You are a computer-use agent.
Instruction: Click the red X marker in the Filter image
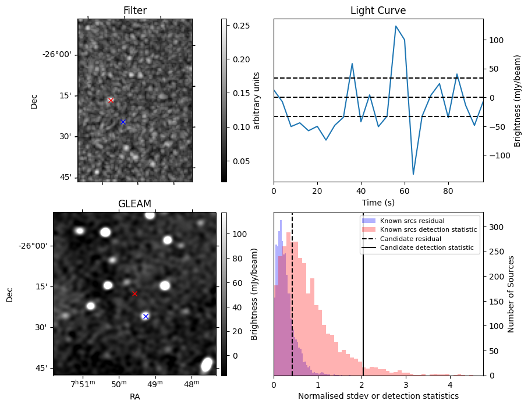pos(111,100)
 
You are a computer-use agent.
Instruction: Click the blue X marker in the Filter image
pos(123,122)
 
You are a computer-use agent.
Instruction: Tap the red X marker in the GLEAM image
pos(134,293)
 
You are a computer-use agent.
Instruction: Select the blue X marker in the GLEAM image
pos(146,316)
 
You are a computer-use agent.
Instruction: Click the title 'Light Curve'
pos(378,10)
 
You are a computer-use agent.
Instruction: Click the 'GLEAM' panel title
pos(134,204)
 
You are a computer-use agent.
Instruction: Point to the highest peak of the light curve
pos(396,26)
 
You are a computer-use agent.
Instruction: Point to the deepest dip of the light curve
pos(413,174)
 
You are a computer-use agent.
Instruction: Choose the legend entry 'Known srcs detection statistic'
pos(428,229)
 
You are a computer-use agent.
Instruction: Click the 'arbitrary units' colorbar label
pos(257,100)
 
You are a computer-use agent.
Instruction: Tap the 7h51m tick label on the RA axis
pos(83,384)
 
